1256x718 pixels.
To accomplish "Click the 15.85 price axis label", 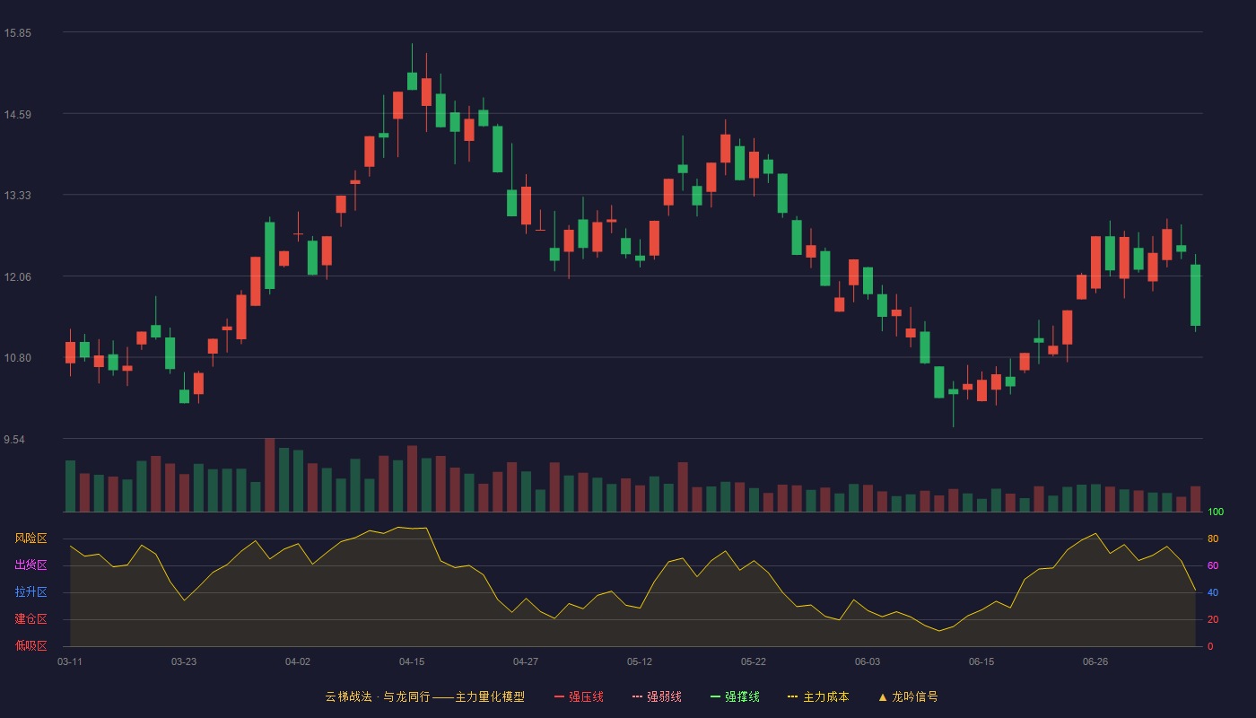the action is (17, 33).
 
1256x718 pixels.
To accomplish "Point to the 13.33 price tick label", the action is (17, 196).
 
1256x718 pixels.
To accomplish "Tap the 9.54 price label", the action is (14, 439).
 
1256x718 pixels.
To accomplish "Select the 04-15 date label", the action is (412, 662).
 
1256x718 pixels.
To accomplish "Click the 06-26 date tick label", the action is (1095, 662).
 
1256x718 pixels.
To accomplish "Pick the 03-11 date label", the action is (70, 662).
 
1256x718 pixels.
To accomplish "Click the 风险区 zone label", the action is (31, 538).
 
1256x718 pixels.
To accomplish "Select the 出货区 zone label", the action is (31, 565).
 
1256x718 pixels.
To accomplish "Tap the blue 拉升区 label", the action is (31, 591).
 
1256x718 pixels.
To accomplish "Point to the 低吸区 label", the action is (31, 645).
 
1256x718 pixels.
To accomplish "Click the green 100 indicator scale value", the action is (1216, 512).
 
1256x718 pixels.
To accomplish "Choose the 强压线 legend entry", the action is (579, 696).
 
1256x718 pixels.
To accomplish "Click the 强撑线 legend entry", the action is (735, 696).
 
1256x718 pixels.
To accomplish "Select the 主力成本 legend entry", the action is (818, 696).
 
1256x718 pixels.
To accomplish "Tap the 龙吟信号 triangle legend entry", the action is (908, 696).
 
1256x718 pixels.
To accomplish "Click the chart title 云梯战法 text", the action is (348, 696).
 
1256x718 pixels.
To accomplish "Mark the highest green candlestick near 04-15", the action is (412, 81).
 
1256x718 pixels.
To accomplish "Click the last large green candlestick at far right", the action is (1195, 295).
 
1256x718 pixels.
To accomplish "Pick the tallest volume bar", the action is (270, 475).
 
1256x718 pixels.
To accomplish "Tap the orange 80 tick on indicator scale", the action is (1213, 538).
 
